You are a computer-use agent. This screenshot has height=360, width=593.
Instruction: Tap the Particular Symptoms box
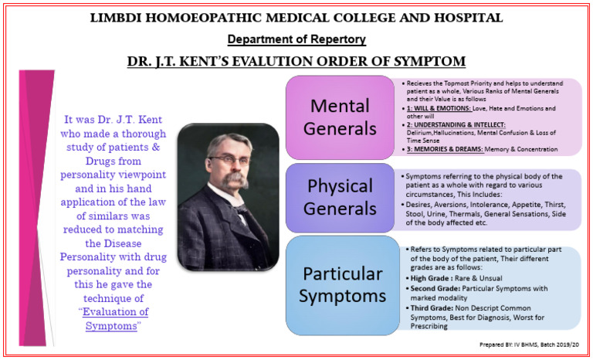click(341, 284)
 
